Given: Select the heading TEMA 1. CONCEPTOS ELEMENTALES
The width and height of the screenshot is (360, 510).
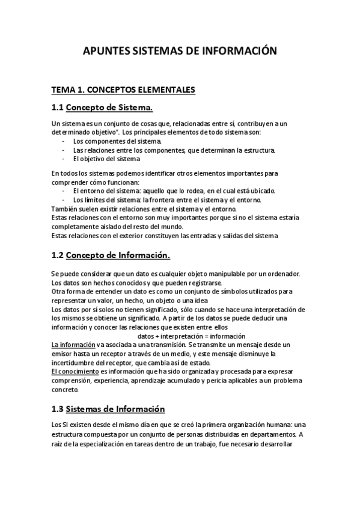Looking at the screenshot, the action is click(x=123, y=90).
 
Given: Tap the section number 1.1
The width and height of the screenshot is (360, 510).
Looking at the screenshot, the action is click(x=57, y=108).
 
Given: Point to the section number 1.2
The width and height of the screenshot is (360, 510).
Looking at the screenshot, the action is click(x=57, y=255).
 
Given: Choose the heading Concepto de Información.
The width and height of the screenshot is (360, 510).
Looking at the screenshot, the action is click(x=118, y=255).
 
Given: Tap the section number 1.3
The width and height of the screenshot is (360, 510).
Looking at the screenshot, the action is click(x=57, y=410).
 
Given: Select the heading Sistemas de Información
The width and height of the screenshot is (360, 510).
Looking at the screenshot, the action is click(x=115, y=410).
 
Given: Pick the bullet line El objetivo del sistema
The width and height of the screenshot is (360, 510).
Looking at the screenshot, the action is click(x=106, y=159).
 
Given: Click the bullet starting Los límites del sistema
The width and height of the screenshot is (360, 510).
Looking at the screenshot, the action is click(x=166, y=200).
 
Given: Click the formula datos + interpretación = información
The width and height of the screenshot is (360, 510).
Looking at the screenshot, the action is click(x=192, y=336).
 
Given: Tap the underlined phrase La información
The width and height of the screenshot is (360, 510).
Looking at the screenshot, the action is click(x=73, y=345).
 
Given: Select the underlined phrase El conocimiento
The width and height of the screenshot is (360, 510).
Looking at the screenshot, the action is click(x=74, y=372).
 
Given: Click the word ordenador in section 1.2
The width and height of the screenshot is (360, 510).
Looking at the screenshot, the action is click(x=283, y=274).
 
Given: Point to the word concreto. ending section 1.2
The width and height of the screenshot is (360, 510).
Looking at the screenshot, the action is click(x=66, y=389).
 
